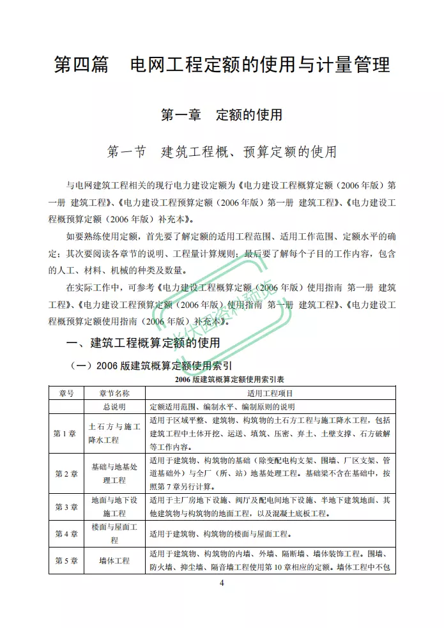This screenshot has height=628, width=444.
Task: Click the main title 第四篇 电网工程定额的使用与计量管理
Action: coord(222,66)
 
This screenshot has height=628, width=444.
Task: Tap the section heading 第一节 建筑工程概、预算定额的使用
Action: coord(222,152)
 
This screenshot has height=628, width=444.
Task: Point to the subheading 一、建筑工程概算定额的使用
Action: coord(144,343)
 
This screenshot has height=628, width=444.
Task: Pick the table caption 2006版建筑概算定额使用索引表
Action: coord(222,379)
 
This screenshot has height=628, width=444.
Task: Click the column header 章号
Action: coord(66,393)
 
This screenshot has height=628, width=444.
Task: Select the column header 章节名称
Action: coord(114,393)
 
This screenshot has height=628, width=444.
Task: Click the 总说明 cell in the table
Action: coord(114,406)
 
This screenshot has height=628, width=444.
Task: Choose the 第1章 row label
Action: coord(66,433)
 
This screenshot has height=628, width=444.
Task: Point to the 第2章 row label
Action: coord(66,473)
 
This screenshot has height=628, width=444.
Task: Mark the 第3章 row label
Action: coord(66,507)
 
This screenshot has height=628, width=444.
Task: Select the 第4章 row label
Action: coord(66,534)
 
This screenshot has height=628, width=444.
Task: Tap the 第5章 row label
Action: coord(66,560)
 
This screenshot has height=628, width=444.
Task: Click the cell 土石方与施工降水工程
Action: coord(114,433)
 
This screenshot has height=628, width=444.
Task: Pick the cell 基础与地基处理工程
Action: coord(114,473)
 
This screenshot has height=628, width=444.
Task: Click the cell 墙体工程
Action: coord(114,560)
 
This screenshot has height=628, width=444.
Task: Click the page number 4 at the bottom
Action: coord(222,583)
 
